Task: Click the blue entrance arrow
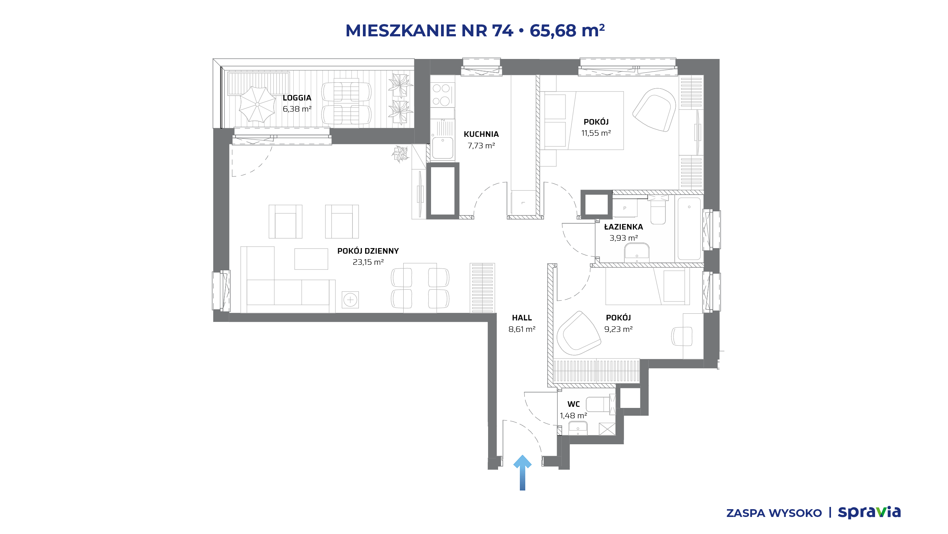[523, 472]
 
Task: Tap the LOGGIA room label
[297, 98]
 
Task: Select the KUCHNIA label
[481, 134]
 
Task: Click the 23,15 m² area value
[368, 262]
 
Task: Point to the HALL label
[522, 318]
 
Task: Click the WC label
[574, 404]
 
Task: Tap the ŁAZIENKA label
[624, 227]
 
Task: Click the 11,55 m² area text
[596, 133]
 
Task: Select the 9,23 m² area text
[618, 329]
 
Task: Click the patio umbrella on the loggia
[257, 104]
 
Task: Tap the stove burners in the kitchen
[441, 95]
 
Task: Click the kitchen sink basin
[443, 148]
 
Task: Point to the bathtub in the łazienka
[689, 228]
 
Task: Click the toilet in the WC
[598, 404]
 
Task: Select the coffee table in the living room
[311, 259]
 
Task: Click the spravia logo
[869, 512]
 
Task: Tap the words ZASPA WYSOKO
[774, 513]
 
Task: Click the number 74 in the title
[503, 30]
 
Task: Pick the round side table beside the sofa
[350, 300]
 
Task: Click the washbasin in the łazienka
[637, 251]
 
